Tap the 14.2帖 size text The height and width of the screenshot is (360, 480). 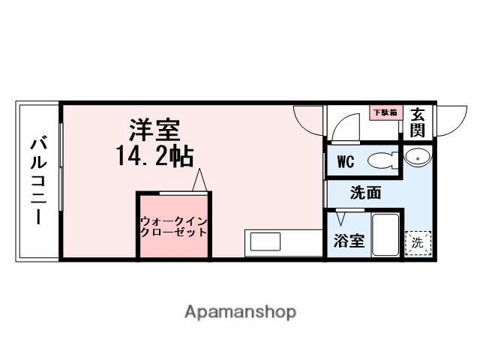coord(154,156)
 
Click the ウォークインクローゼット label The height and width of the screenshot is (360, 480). coord(174,226)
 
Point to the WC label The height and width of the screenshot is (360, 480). coord(345,161)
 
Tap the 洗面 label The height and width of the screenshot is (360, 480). coord(365,192)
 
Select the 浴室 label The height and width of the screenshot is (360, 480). coord(349,241)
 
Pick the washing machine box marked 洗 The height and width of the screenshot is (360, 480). coord(418,241)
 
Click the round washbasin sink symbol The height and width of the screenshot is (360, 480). coord(417,157)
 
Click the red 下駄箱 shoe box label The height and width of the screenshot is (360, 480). coord(386,112)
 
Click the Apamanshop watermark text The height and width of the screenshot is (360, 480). coord(240,311)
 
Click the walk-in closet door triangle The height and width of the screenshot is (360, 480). coord(199,180)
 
